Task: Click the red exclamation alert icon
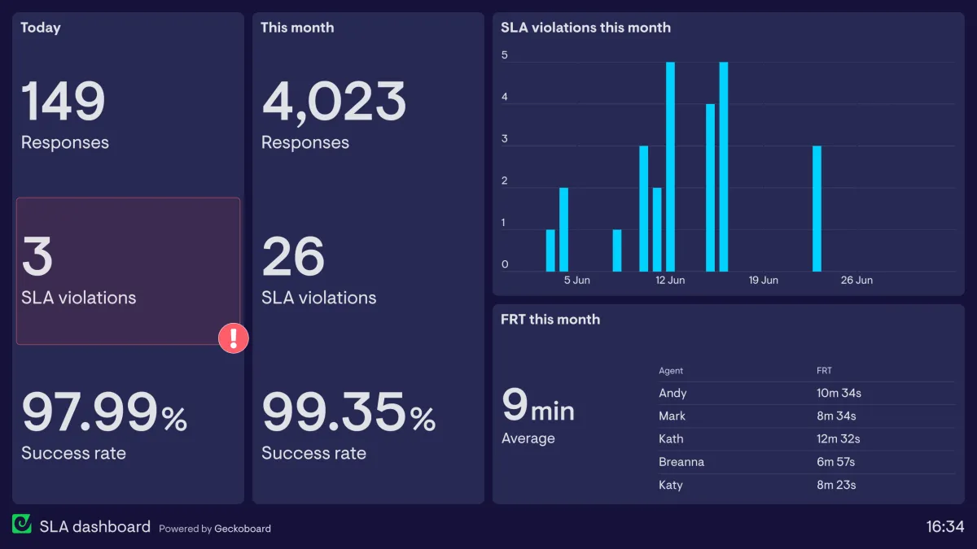pyautogui.click(x=233, y=338)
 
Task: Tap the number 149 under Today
pyautogui.click(x=64, y=102)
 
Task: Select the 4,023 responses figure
pyautogui.click(x=334, y=102)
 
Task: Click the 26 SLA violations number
pyautogui.click(x=293, y=256)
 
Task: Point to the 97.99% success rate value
pyautogui.click(x=104, y=412)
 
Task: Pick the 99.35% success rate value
pyautogui.click(x=348, y=412)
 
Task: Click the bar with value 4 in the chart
pyautogui.click(x=710, y=187)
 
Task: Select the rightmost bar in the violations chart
pyautogui.click(x=817, y=208)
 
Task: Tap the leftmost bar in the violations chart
pyautogui.click(x=550, y=251)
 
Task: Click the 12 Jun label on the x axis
pyautogui.click(x=670, y=280)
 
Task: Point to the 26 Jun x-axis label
pyautogui.click(x=857, y=280)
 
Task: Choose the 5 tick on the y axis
pyautogui.click(x=505, y=56)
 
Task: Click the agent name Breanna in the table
pyautogui.click(x=681, y=462)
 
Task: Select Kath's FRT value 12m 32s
pyautogui.click(x=838, y=439)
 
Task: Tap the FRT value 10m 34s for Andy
pyautogui.click(x=839, y=394)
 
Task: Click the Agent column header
pyautogui.click(x=671, y=371)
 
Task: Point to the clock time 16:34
pyautogui.click(x=944, y=527)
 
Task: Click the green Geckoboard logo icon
pyautogui.click(x=22, y=525)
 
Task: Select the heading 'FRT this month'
pyautogui.click(x=550, y=320)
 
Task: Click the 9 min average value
pyautogui.click(x=538, y=406)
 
